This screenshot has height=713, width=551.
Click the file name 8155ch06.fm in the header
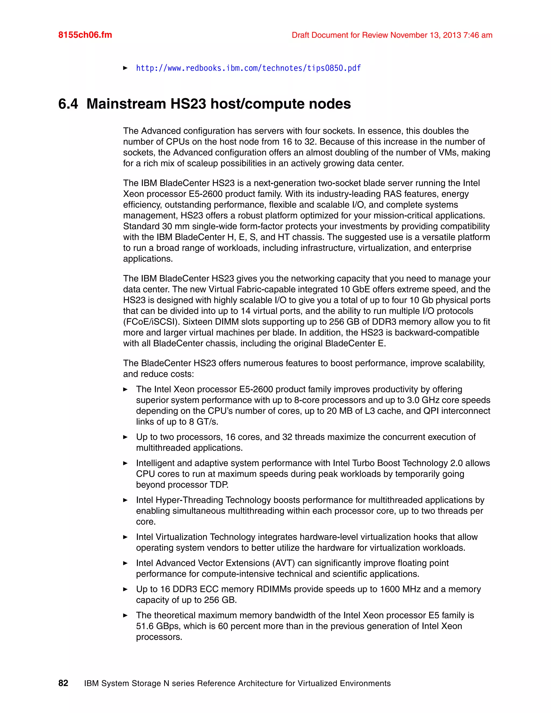coord(85,35)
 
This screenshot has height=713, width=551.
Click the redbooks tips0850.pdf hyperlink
coord(248,68)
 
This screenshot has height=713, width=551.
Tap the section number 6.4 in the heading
coord(68,104)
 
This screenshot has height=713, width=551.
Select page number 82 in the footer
coord(63,683)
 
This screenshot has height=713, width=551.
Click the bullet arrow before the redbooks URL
coord(125,68)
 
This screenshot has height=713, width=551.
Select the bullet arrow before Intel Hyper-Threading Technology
coord(125,500)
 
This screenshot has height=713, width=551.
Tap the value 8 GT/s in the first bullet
coord(203,422)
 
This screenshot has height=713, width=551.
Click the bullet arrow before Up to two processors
coord(125,437)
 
